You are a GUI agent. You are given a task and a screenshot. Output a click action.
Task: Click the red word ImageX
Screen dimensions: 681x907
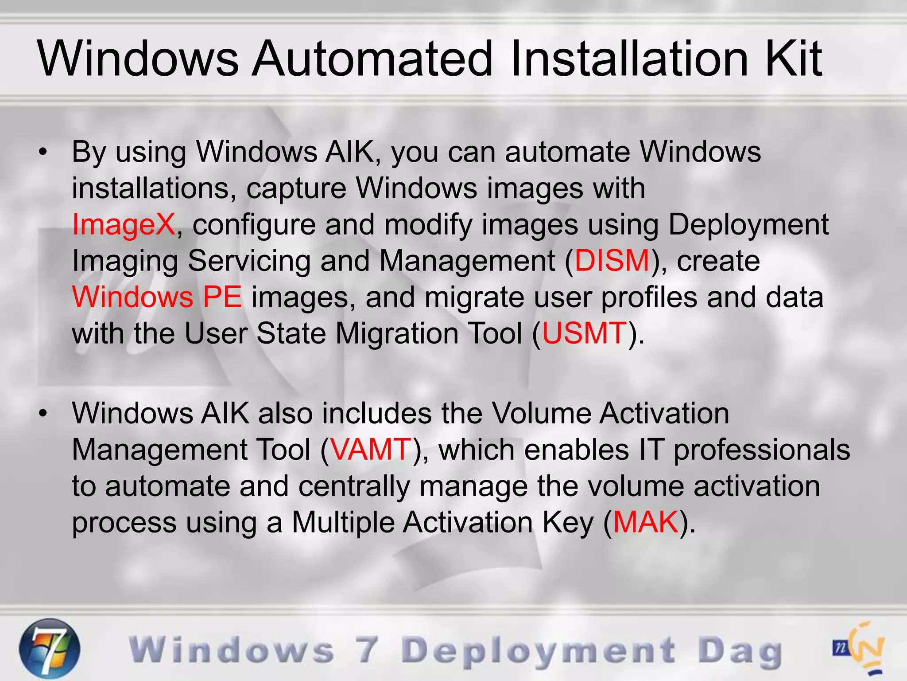pos(124,224)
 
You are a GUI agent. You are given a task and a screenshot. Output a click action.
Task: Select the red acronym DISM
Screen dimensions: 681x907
pos(612,261)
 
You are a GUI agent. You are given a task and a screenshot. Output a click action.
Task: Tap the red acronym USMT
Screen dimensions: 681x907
pos(584,333)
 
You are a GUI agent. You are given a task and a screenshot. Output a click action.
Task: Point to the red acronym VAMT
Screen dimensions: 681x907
pos(371,450)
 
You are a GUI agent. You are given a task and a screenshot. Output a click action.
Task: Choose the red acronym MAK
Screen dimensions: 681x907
pos(646,522)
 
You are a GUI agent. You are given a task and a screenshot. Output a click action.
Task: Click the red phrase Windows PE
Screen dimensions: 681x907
pos(157,297)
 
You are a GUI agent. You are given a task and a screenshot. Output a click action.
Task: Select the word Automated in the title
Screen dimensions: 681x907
pos(372,59)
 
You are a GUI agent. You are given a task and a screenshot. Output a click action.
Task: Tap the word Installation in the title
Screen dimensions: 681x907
pos(629,59)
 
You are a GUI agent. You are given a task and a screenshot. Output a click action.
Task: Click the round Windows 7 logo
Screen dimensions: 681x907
pos(50,648)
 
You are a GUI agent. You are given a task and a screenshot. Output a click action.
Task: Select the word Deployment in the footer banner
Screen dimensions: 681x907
pos(539,652)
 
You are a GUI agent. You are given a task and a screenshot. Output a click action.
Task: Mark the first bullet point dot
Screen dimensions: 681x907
pos(43,152)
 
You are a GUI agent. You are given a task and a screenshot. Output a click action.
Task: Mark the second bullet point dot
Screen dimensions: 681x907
pos(43,414)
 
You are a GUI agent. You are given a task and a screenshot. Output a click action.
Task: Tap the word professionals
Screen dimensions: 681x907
pos(762,450)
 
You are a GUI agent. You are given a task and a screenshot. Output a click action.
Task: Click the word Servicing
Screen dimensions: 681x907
pos(249,261)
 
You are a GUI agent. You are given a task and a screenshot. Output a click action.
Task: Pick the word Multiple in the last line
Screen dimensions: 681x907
pos(343,522)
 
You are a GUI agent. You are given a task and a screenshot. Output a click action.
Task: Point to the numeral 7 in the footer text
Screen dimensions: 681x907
pos(367,650)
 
